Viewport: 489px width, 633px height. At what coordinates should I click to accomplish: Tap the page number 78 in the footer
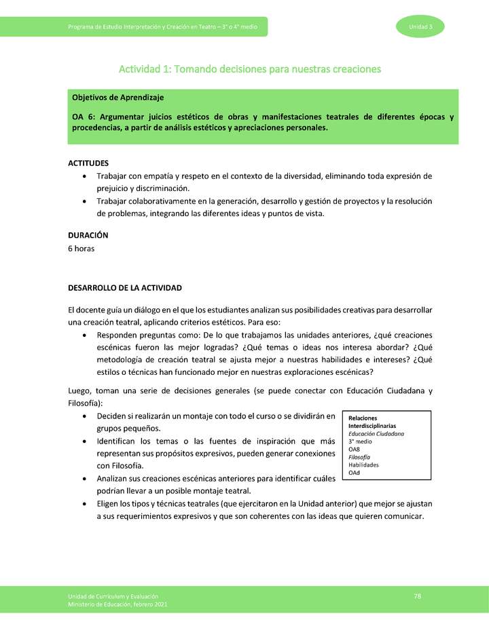pos(418,596)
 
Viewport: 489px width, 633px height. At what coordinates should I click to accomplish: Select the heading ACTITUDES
pos(88,163)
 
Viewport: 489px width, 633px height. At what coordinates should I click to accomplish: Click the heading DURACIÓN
pos(88,235)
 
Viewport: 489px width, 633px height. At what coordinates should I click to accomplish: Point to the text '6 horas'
pos(81,248)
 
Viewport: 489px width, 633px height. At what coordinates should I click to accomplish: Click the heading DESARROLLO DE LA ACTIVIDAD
pos(124,288)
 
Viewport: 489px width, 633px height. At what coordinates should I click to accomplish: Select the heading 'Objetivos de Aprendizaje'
pos(117,98)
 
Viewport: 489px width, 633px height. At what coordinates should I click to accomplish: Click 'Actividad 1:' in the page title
pos(145,69)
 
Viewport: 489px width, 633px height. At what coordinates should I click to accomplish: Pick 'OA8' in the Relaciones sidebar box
pos(355,449)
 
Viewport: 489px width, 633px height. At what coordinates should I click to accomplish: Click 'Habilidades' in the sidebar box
pos(363,465)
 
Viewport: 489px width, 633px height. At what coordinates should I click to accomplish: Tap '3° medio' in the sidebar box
pos(360,441)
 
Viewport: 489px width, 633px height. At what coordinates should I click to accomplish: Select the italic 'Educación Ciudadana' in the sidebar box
pos(376,433)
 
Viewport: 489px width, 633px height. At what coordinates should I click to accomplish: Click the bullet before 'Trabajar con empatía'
pos(83,176)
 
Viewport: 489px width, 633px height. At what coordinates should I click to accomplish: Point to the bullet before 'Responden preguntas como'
pos(83,336)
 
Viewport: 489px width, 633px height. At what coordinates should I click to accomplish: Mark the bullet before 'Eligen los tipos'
pos(83,504)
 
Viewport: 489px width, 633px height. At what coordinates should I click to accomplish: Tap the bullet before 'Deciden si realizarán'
pos(83,416)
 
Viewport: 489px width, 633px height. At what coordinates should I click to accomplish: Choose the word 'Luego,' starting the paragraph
pos(79,391)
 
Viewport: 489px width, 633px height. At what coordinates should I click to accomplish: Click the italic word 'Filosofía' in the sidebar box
pos(360,457)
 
